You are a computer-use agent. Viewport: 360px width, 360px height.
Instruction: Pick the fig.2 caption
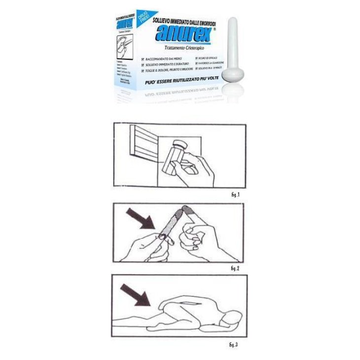tap(235, 269)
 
